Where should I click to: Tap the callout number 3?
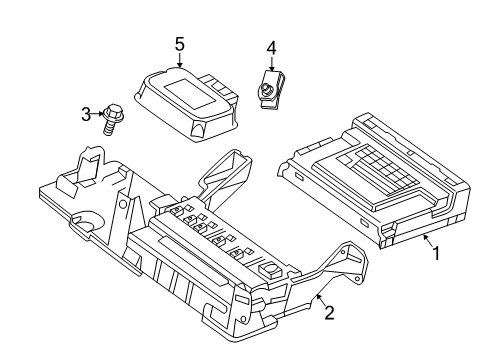[x=85, y=116]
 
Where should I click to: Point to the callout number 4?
[x=271, y=47]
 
